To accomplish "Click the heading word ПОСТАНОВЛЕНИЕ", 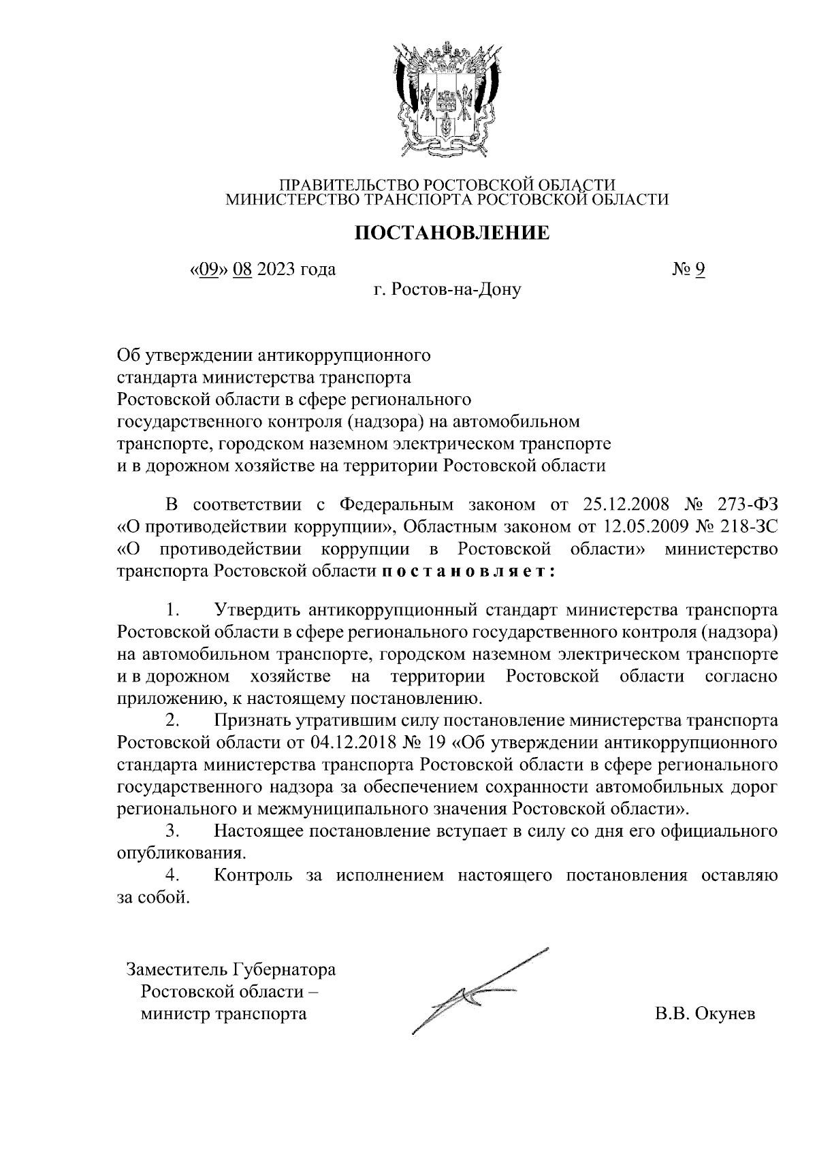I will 453,234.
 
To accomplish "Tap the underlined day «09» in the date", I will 208,270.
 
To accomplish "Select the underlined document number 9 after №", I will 700,270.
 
